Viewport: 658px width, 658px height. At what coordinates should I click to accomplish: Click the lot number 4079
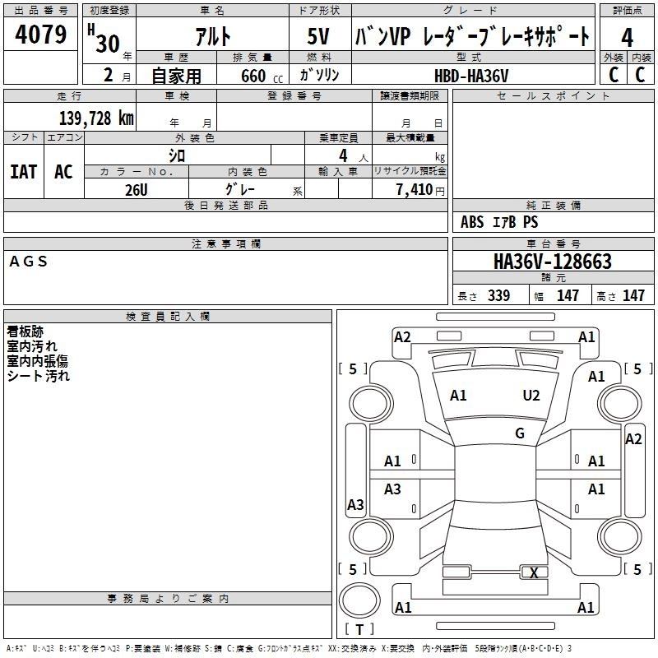pyautogui.click(x=40, y=35)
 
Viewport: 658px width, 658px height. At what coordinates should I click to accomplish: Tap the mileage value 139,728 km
pyautogui.click(x=96, y=118)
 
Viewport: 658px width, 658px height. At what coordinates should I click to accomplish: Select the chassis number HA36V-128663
pyautogui.click(x=553, y=262)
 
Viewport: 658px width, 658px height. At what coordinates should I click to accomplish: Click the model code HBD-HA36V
pyautogui.click(x=471, y=76)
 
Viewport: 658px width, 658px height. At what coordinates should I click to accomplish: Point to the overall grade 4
pyautogui.click(x=627, y=38)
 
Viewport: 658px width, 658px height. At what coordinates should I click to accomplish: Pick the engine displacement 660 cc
pyautogui.click(x=262, y=76)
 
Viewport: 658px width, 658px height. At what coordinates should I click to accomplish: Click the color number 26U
pyautogui.click(x=137, y=190)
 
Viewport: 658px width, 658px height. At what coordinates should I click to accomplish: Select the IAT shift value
pyautogui.click(x=24, y=172)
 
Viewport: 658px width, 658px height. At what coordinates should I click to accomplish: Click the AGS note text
pyautogui.click(x=28, y=262)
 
